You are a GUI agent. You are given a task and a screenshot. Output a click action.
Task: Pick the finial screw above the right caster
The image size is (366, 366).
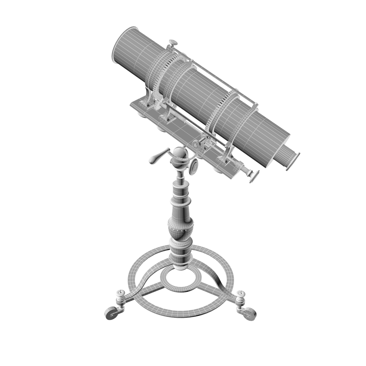click(x=242, y=296)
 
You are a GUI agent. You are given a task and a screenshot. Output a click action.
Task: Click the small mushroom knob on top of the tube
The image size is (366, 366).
click(x=173, y=43)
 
